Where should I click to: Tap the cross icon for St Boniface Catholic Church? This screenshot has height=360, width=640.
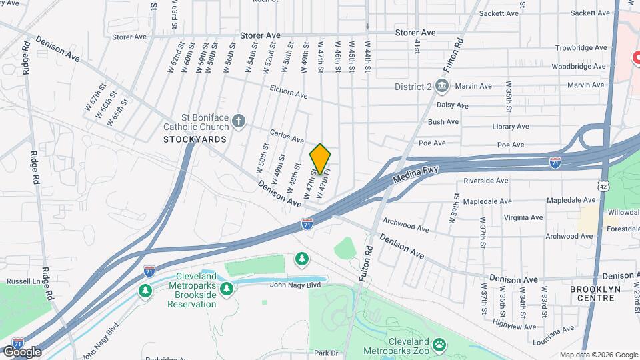[239, 121]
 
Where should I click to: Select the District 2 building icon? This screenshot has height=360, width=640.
[441, 85]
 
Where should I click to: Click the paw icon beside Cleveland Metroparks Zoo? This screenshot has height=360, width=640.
[439, 345]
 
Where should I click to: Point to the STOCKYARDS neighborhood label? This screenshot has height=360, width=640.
[195, 139]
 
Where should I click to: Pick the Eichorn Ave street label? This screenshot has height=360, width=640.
[288, 90]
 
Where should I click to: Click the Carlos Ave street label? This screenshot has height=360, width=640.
[287, 136]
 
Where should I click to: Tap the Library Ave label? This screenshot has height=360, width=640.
[511, 126]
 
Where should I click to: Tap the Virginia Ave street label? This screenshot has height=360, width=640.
[523, 217]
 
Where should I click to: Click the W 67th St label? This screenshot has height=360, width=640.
[95, 97]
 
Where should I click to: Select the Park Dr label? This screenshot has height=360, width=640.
[327, 353]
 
